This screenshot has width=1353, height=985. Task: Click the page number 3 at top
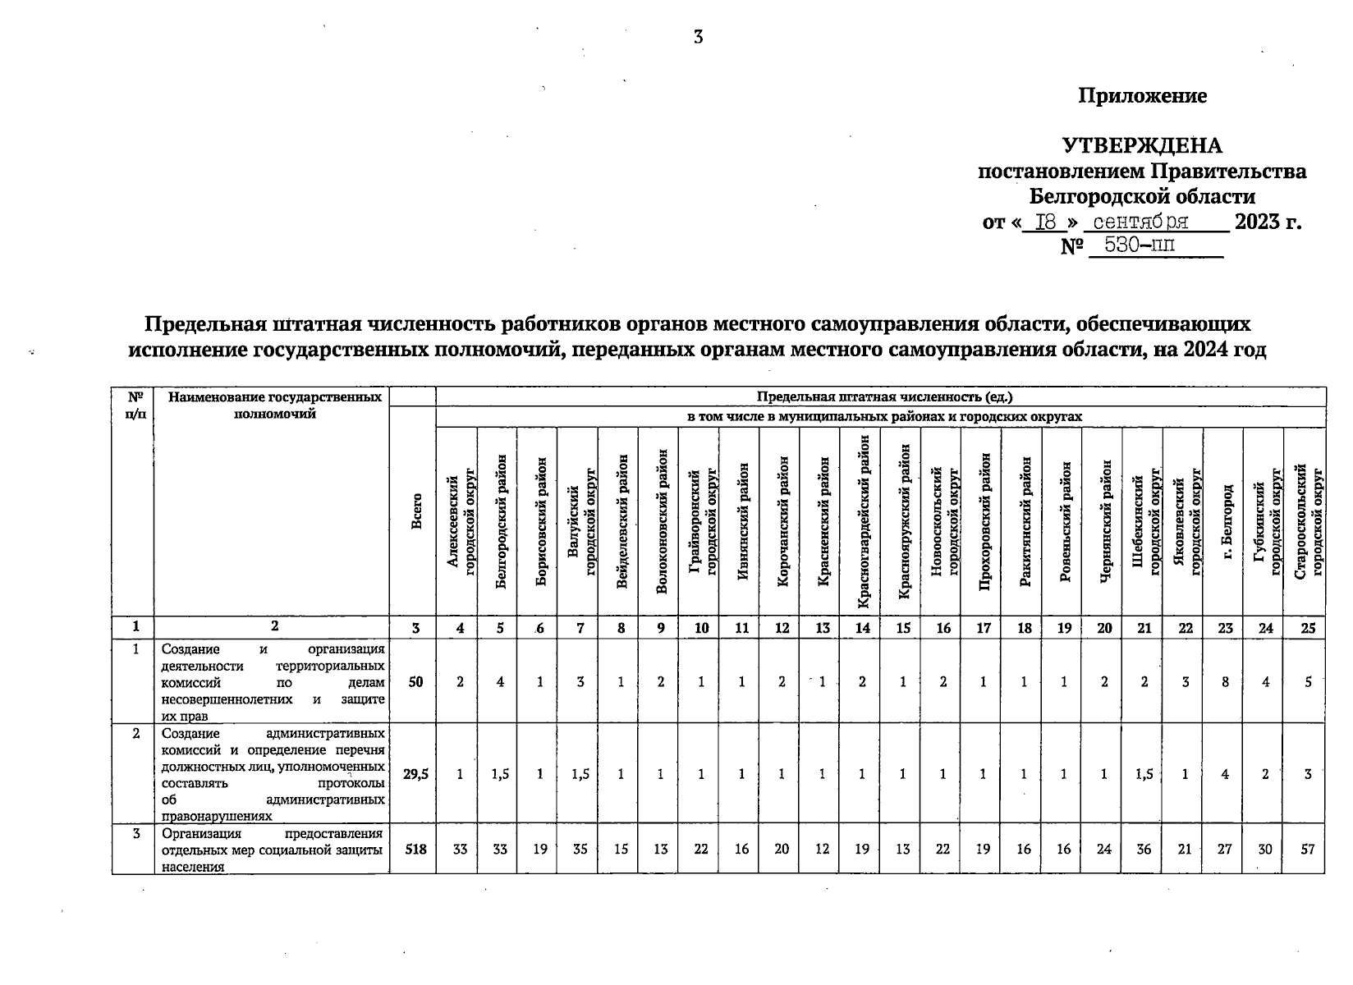click(698, 37)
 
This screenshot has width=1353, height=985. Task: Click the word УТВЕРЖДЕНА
click(1142, 146)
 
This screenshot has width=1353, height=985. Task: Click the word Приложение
click(1142, 96)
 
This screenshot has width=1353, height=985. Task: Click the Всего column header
click(417, 511)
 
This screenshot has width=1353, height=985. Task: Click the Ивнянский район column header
click(742, 522)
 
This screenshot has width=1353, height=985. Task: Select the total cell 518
click(415, 850)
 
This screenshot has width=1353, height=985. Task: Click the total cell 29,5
click(415, 773)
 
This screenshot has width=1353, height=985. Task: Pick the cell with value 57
click(1307, 850)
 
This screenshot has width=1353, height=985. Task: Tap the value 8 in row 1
click(1225, 681)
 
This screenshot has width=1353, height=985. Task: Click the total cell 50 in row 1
click(415, 681)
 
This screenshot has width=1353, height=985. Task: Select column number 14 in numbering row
click(862, 628)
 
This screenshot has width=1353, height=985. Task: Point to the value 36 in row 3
click(1144, 850)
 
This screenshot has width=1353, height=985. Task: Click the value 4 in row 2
click(1225, 773)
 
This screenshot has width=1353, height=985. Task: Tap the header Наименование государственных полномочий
click(274, 405)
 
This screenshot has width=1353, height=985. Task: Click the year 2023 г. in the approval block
click(1268, 222)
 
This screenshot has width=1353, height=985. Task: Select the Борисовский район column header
click(539, 522)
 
